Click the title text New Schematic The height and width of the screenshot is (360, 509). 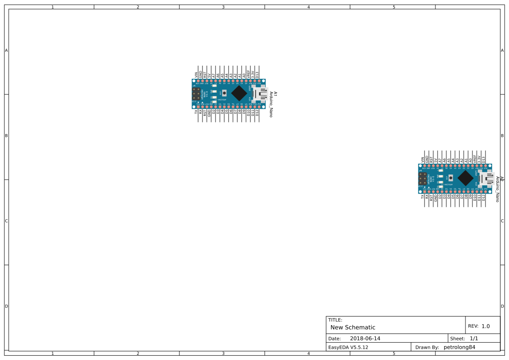353,327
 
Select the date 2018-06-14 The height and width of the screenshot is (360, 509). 365,338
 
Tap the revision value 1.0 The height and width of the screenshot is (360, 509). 485,326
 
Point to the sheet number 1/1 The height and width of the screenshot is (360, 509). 474,338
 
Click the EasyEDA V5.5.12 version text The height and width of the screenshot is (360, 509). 348,347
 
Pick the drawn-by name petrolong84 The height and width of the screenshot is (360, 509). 459,347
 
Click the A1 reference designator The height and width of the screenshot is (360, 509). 275,94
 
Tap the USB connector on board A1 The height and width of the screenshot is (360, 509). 260,94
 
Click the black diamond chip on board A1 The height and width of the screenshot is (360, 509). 239,93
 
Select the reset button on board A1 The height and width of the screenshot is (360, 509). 224,93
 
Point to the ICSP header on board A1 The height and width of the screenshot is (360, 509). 196,94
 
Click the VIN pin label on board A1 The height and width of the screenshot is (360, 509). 196,75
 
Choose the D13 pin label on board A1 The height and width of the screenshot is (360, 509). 257,75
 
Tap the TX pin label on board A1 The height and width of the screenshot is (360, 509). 196,112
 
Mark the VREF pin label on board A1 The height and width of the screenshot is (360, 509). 249,74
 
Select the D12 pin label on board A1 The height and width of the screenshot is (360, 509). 257,112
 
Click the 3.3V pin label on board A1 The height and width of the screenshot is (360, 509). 253,74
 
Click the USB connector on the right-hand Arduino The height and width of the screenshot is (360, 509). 487,178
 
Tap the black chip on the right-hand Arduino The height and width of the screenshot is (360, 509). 465,178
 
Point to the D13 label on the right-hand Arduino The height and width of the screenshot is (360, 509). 484,160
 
